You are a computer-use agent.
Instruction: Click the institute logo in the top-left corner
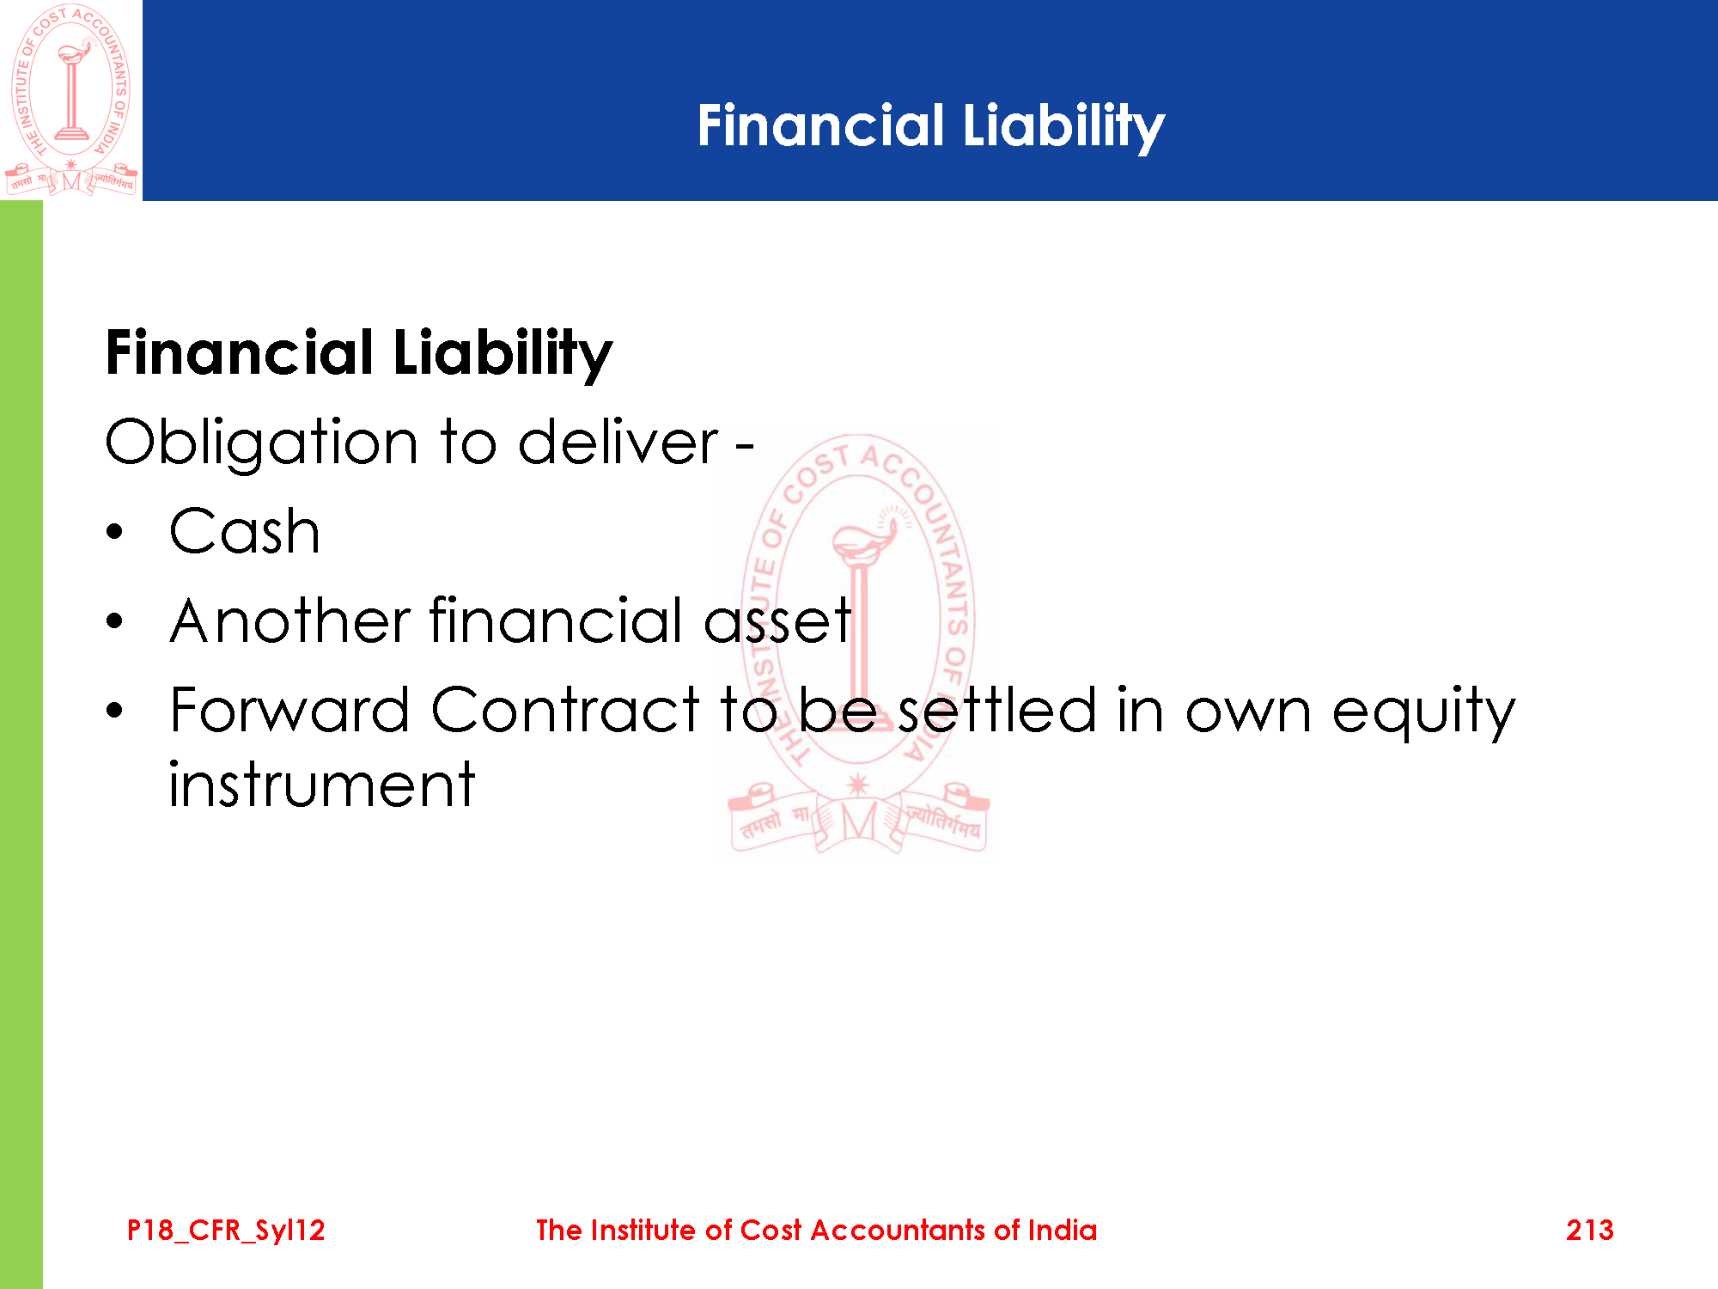(x=71, y=100)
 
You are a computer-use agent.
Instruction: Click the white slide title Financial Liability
(x=930, y=126)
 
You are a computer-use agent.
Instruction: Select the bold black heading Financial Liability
(x=359, y=354)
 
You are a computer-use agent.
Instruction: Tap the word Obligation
(x=262, y=443)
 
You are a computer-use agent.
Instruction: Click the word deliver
(x=618, y=442)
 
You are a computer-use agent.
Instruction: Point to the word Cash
(x=245, y=531)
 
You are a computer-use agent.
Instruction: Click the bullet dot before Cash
(x=115, y=532)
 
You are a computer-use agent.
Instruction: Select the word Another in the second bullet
(x=290, y=620)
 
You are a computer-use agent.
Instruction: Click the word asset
(x=777, y=620)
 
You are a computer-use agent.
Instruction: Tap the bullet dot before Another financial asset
(x=115, y=621)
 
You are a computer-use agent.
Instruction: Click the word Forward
(x=289, y=710)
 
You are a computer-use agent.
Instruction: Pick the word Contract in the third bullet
(x=566, y=710)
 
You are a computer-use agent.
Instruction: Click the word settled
(x=997, y=710)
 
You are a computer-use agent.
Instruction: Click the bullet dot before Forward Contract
(x=115, y=711)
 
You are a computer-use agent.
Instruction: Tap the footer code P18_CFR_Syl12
(x=226, y=1231)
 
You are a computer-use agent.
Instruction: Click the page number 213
(x=1589, y=1231)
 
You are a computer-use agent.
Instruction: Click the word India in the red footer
(x=1063, y=1231)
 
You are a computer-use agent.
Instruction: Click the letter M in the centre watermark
(x=858, y=822)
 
